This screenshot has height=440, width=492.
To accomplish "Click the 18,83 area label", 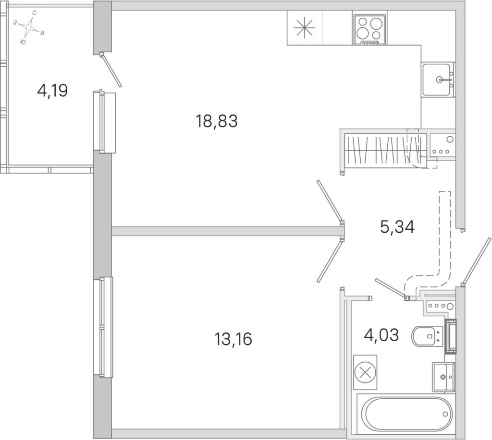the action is coord(217,121).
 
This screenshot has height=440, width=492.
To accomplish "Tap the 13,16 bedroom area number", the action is coord(233,339).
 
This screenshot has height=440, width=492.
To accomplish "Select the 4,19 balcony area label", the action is coord(52,91).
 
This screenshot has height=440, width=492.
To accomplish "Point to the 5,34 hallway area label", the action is coord(397,227).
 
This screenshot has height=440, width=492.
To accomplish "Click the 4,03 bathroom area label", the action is coord(381,335).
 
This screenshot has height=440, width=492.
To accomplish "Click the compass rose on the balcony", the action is coord(29,27).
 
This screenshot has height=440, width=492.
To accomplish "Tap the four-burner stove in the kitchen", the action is coord(369,30).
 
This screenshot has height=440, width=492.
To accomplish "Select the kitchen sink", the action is coord(438,79).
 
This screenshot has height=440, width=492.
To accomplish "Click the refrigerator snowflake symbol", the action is coord(304,27).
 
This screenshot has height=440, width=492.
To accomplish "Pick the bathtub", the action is coord(406,414).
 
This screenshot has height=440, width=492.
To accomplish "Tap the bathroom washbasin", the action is coord(443,377).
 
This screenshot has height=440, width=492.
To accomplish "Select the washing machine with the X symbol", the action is coord(365,372).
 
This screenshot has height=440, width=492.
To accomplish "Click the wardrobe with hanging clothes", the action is coord(385,149).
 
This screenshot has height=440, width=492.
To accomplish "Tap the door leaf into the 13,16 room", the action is coord(330,261).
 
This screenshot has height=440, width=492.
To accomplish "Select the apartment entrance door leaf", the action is coord(476,261).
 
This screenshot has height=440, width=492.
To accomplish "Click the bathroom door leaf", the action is coord(391,288).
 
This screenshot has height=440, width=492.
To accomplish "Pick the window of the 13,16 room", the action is coord(103,327).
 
